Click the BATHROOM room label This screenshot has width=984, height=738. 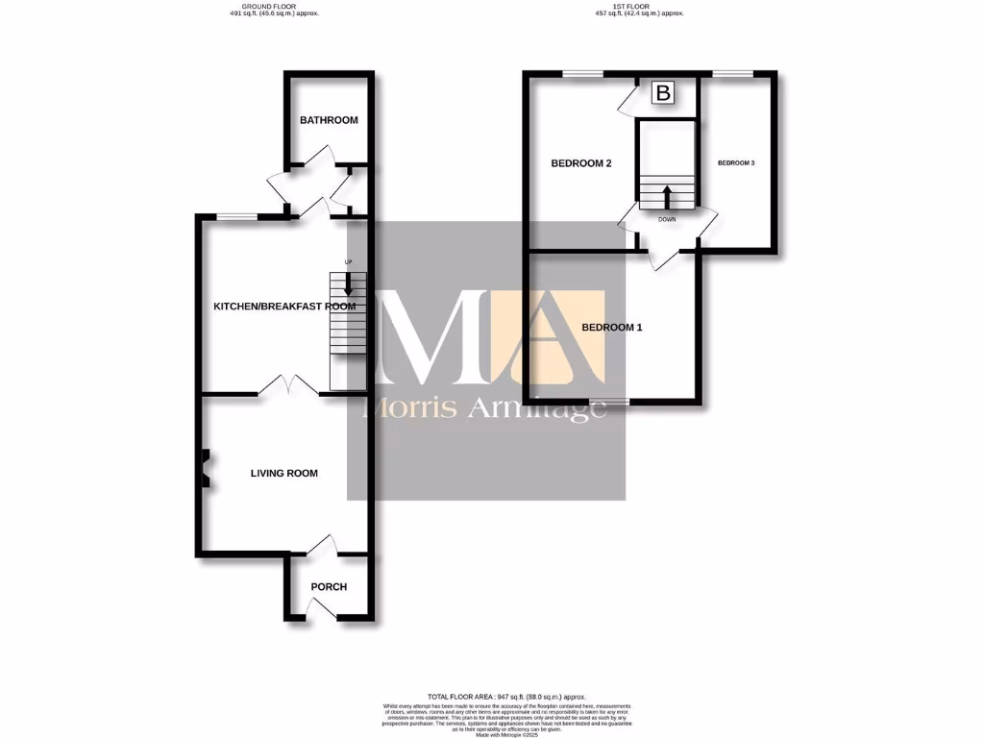point(329,120)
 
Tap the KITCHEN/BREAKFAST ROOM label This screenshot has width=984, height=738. point(283,307)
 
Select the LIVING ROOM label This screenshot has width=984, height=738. point(283,473)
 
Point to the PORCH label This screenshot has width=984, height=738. point(329,587)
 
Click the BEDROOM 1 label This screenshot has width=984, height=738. point(612,328)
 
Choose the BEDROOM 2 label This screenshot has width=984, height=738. point(581,163)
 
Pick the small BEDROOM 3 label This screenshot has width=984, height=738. point(737,163)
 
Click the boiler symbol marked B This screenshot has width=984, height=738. point(664,93)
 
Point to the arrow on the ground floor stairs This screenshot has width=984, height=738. point(348,286)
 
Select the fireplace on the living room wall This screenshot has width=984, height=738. point(204,469)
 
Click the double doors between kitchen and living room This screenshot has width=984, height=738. point(288,386)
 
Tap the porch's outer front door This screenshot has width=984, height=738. point(325,608)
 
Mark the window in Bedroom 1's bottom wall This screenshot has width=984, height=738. point(609,401)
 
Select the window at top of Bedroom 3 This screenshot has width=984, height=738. point(732,74)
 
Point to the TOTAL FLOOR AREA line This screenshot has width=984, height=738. point(505,696)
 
